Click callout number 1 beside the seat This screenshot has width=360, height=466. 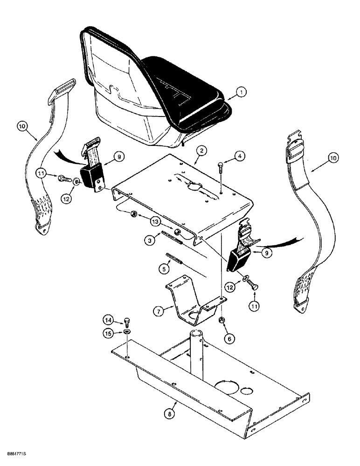tap(241, 93)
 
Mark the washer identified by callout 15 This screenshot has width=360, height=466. tap(127, 332)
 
